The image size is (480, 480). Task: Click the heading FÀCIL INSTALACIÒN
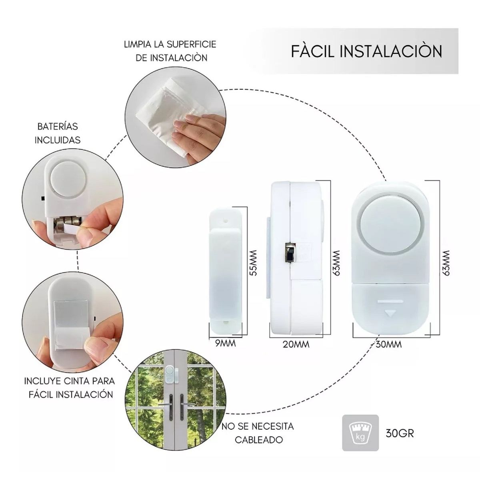(x=366, y=52)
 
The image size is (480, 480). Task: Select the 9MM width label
(x=226, y=343)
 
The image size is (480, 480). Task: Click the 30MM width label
(x=388, y=344)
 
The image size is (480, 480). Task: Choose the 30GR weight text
(x=400, y=433)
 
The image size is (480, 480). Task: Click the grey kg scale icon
(x=360, y=433)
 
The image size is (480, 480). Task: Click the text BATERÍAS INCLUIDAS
(x=58, y=133)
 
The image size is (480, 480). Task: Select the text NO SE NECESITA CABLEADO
(x=258, y=433)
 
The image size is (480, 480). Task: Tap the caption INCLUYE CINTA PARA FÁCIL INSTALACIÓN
(x=70, y=387)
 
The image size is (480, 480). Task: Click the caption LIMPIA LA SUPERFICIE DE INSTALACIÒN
(x=170, y=51)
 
